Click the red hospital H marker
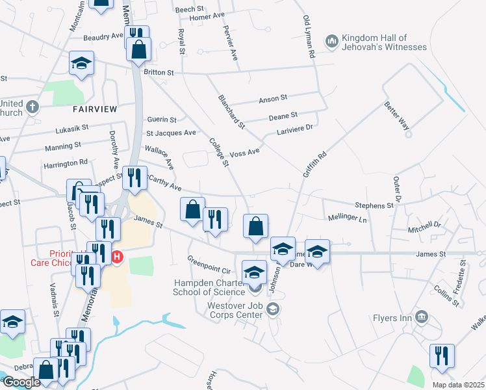point(117,257)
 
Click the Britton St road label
point(160,73)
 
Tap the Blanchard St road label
point(232,111)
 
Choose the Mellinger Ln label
point(348,218)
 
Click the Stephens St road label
point(374,205)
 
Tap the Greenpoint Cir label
point(209,269)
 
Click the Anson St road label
point(273,98)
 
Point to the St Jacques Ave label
point(171,133)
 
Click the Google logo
point(21,382)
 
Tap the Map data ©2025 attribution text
point(457,383)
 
